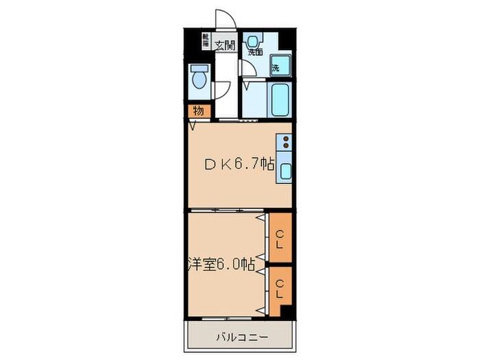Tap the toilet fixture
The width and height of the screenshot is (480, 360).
coord(200,79)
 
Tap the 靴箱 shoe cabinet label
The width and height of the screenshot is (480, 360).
coord(205,40)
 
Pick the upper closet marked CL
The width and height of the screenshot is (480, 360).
coord(280,239)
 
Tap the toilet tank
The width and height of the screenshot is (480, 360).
coord(200,69)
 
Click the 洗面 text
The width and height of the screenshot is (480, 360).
coord(256,51)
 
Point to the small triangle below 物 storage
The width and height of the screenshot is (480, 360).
coord(193,125)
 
